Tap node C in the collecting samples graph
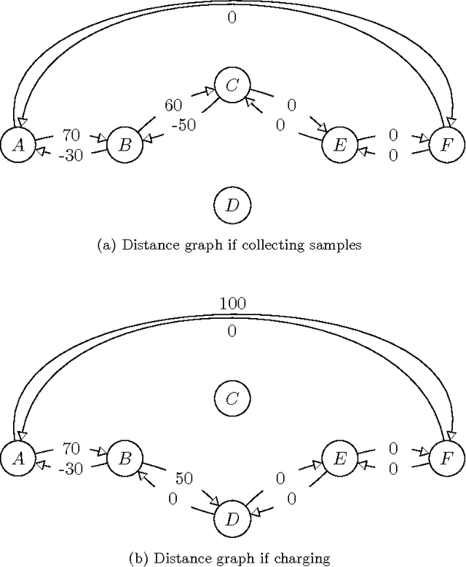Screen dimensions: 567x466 pyautogui.click(x=232, y=85)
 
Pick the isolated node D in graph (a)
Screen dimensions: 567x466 pyautogui.click(x=232, y=205)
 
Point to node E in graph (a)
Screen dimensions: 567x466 pyautogui.click(x=339, y=144)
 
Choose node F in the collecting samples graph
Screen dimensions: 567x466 pyautogui.click(x=446, y=144)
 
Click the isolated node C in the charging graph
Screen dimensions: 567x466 pyautogui.click(x=232, y=398)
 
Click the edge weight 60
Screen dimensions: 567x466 pyautogui.click(x=173, y=106)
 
